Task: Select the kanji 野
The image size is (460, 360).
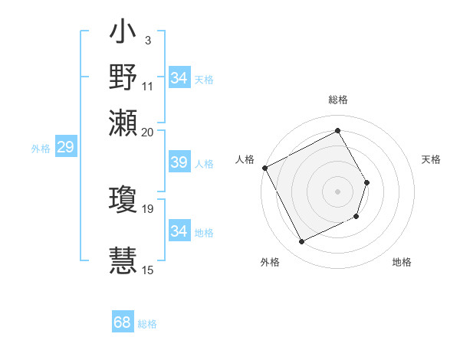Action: [123, 79]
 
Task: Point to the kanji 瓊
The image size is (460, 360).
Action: [123, 201]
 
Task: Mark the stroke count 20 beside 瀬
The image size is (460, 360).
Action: [148, 132]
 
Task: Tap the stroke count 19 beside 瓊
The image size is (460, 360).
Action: [148, 208]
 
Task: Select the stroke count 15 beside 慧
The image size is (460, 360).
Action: [148, 270]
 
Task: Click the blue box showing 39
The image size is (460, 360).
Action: [179, 162]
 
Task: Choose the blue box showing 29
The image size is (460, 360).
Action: [65, 148]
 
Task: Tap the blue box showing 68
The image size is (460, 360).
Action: [123, 322]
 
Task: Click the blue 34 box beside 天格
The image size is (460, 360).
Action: [179, 78]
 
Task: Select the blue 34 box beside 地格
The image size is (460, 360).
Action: [179, 231]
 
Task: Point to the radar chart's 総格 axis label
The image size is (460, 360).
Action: [338, 100]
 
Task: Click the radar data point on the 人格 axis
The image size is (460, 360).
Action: [264, 168]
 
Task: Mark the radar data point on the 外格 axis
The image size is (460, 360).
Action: [301, 242]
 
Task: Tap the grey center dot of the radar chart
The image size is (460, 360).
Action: [338, 191]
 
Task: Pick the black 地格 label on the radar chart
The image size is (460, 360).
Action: [402, 263]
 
